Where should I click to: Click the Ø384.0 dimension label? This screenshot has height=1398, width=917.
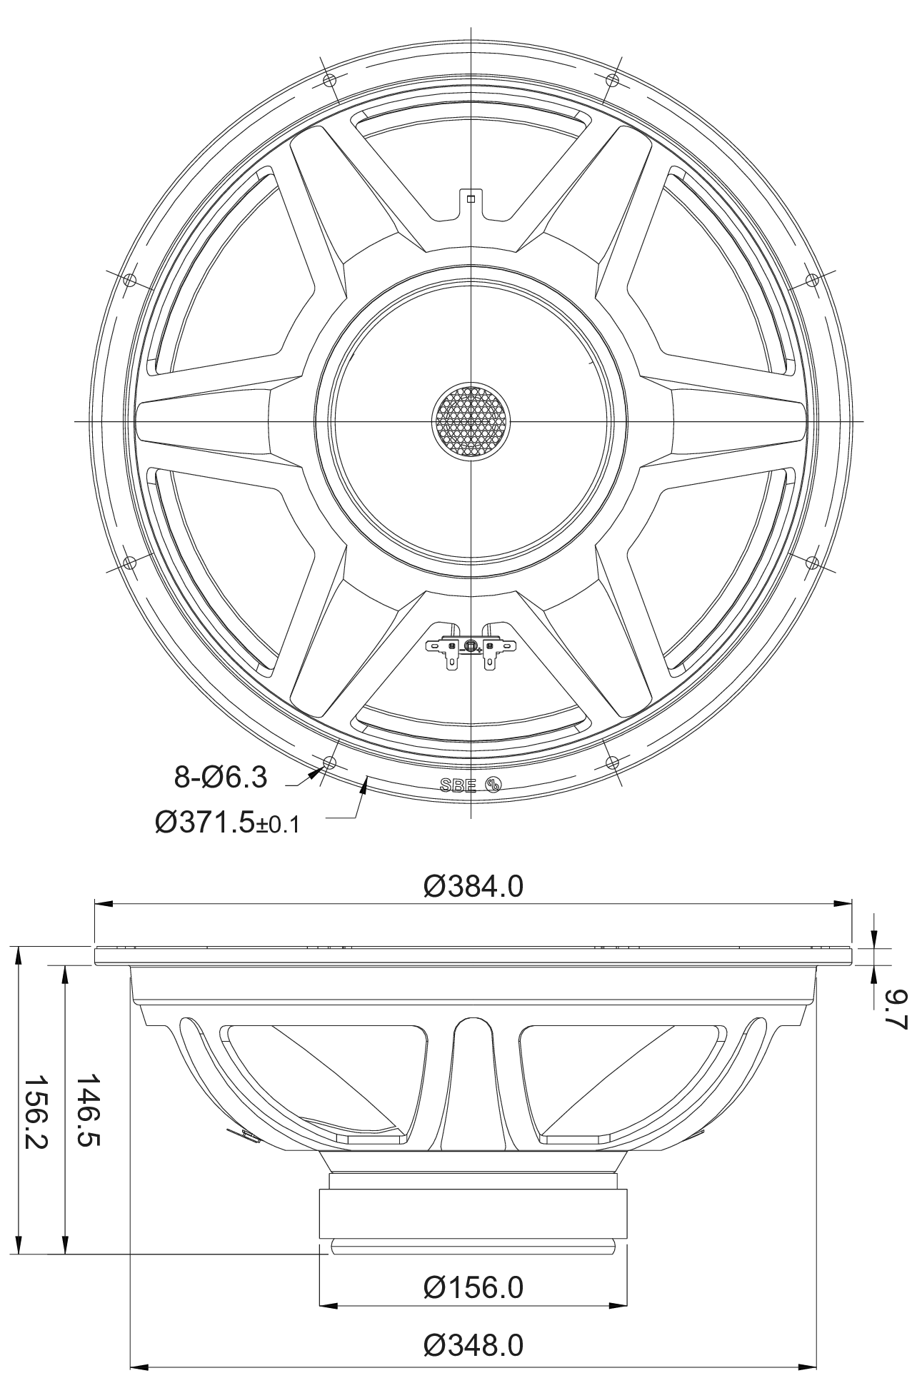click(473, 886)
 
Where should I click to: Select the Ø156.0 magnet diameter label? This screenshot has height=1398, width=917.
click(473, 1287)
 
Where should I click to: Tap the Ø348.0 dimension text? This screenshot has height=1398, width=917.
click(473, 1346)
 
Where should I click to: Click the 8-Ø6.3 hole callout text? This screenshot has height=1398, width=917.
click(221, 776)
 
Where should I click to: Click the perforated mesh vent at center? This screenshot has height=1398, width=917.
click(471, 421)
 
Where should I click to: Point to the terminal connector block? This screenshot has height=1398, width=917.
click(471, 647)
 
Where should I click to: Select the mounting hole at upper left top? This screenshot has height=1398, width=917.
click(329, 79)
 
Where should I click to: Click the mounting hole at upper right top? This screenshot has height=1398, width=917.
click(612, 79)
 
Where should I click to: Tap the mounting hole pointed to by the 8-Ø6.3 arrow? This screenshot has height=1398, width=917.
click(329, 763)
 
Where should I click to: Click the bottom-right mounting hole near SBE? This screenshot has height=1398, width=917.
click(612, 763)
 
